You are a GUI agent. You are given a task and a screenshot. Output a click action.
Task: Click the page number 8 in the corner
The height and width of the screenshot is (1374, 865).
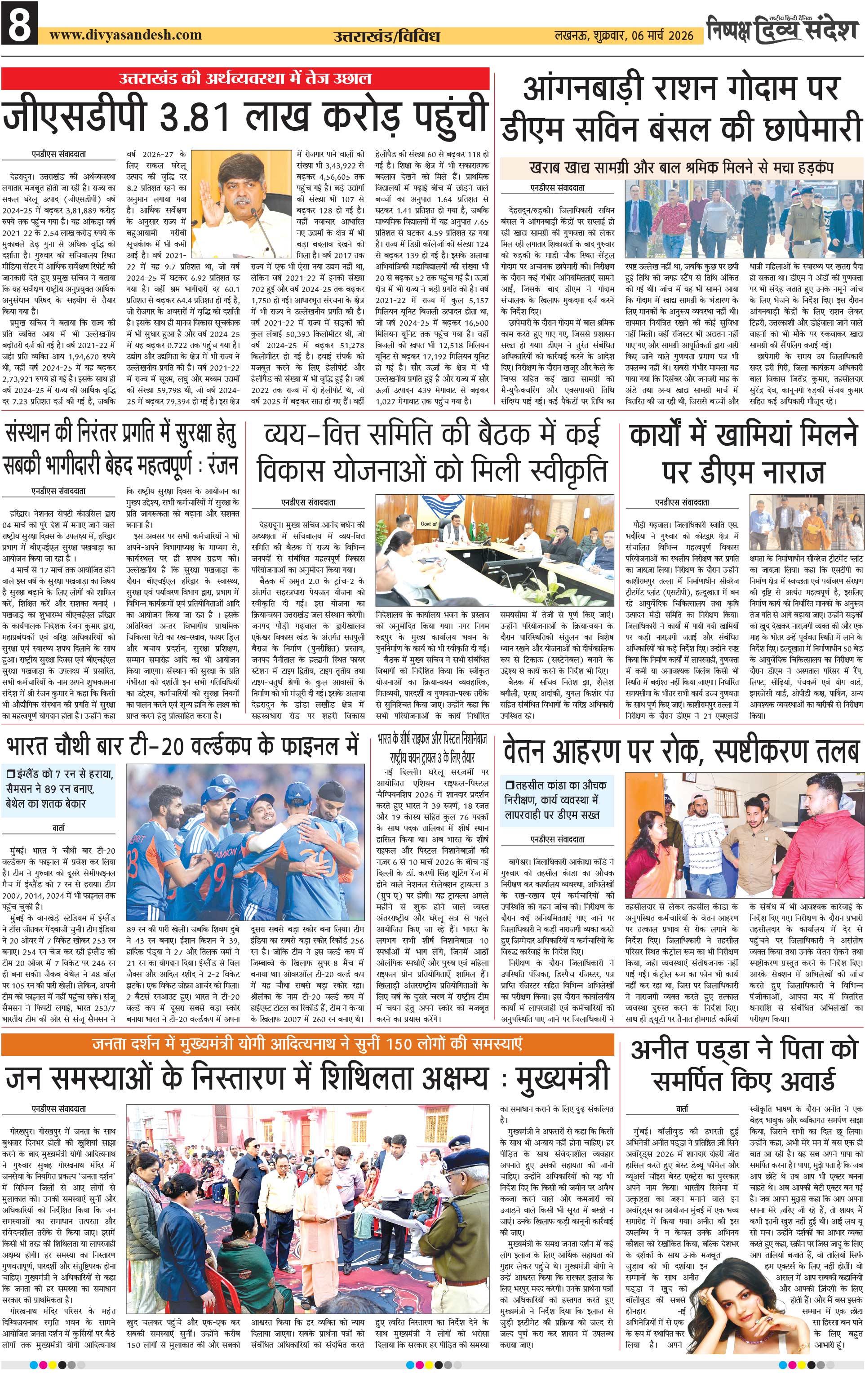[x=19, y=24]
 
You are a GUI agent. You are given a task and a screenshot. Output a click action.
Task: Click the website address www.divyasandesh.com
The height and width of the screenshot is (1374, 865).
[x=125, y=35]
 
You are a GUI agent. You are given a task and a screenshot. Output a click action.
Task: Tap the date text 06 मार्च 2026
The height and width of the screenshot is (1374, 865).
[x=662, y=35]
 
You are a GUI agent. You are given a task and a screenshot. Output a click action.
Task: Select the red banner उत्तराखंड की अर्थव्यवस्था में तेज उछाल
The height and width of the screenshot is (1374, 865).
[x=245, y=78]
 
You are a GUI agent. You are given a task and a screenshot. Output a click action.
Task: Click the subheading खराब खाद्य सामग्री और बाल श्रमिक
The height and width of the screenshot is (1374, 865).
[x=681, y=168]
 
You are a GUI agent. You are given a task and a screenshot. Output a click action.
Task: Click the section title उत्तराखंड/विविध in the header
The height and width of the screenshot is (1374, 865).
[x=386, y=36]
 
